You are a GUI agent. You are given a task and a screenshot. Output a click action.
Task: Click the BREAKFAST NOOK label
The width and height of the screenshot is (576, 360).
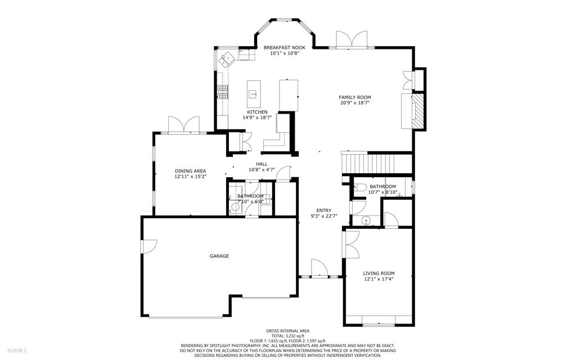click(x=284, y=48)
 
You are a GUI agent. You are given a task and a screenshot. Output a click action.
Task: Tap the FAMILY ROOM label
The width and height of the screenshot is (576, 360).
click(x=354, y=97)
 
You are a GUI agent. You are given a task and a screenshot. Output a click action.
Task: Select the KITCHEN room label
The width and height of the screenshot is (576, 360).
click(x=257, y=112)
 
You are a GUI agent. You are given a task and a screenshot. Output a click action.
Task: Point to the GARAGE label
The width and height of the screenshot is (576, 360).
click(x=219, y=256)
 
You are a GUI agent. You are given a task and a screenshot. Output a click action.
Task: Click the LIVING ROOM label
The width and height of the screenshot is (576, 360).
click(x=379, y=273)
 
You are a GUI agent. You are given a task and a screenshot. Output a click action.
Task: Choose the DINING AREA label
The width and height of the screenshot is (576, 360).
click(x=190, y=171)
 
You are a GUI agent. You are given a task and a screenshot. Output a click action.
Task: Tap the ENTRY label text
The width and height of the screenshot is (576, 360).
click(x=323, y=210)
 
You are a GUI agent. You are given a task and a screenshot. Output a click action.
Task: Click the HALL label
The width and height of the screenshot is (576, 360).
click(x=262, y=164)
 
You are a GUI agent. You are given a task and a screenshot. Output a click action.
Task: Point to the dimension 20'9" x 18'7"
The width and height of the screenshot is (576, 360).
click(x=354, y=103)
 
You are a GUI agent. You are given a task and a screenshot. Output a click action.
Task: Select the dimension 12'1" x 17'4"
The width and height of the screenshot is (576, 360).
click(x=379, y=279)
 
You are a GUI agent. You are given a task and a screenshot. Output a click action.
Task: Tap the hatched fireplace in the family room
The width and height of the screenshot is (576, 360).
click(x=418, y=111)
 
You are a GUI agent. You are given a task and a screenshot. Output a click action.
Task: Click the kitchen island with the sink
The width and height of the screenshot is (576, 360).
click(x=254, y=94)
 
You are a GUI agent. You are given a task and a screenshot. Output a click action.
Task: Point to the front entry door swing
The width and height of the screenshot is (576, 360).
click(x=319, y=267)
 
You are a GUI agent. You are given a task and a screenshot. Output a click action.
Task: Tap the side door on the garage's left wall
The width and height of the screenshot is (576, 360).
click(x=149, y=246)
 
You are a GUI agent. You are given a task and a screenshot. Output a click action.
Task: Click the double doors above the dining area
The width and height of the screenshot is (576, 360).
click(x=184, y=124)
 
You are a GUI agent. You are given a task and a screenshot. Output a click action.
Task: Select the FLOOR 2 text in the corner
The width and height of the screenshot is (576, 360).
click(x=17, y=351)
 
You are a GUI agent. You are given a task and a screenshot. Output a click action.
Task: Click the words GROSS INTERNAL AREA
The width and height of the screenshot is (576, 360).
click(x=287, y=331)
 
